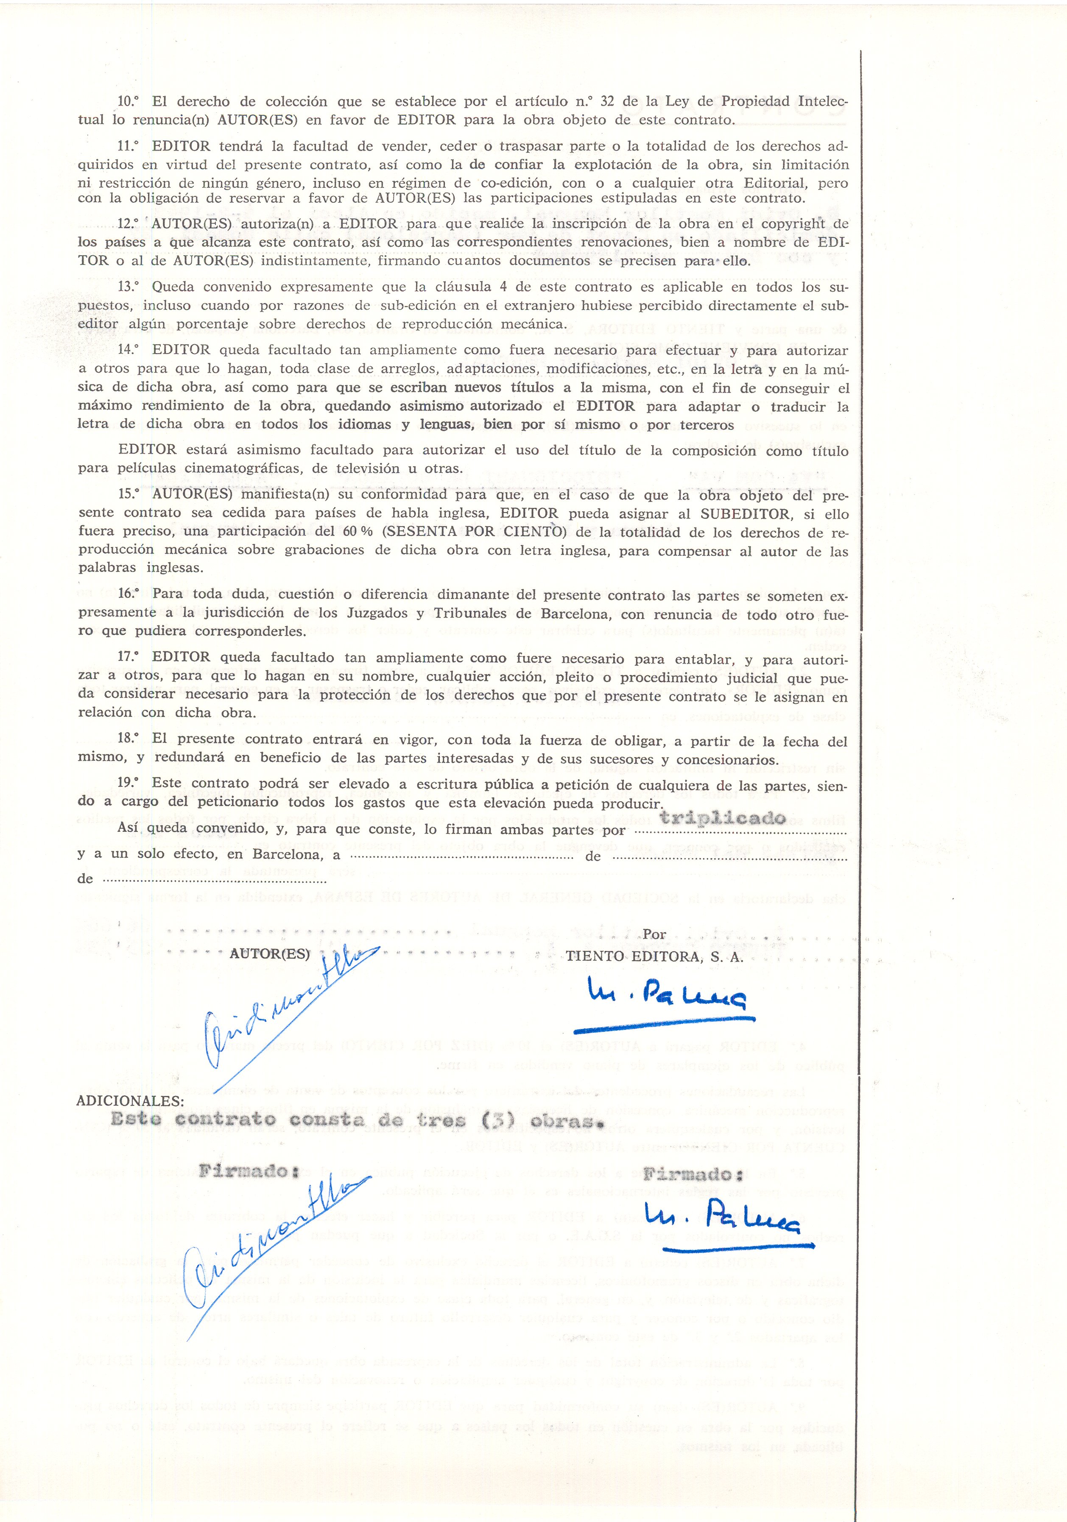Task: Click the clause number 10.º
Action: click(130, 103)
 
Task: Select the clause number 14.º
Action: click(130, 350)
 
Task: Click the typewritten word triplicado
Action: click(722, 818)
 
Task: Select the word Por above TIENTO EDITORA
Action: click(654, 934)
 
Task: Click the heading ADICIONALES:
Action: click(131, 1101)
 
